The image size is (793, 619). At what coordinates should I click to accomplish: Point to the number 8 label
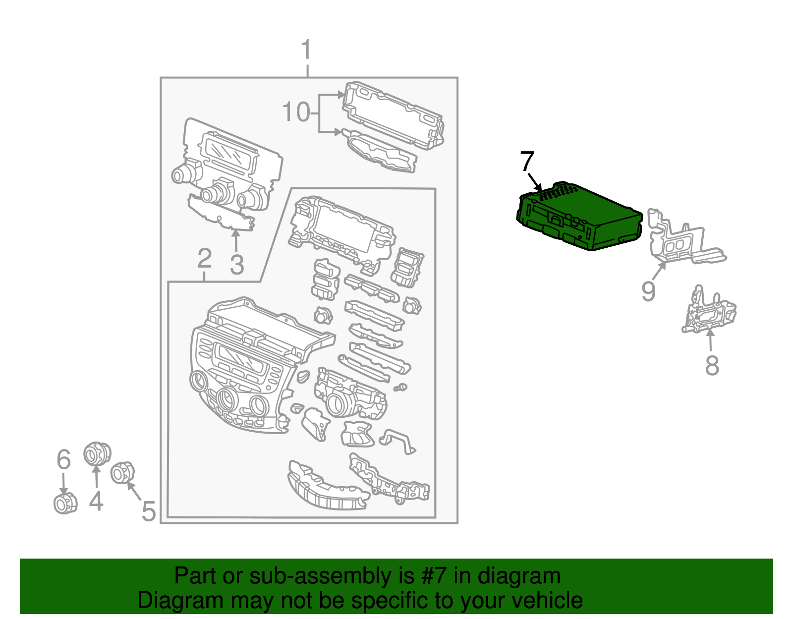click(712, 366)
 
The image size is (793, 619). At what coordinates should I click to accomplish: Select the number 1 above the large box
click(307, 51)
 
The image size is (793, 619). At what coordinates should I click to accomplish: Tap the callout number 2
click(204, 259)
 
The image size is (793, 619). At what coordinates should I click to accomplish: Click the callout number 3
click(237, 264)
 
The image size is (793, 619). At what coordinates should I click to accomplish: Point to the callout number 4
click(96, 501)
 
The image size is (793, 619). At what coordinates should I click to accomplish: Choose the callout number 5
click(148, 511)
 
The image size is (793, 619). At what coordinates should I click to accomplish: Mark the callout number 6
click(63, 459)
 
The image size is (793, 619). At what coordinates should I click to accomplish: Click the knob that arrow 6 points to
click(65, 504)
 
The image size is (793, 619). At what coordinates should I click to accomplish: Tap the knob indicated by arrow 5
click(122, 473)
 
